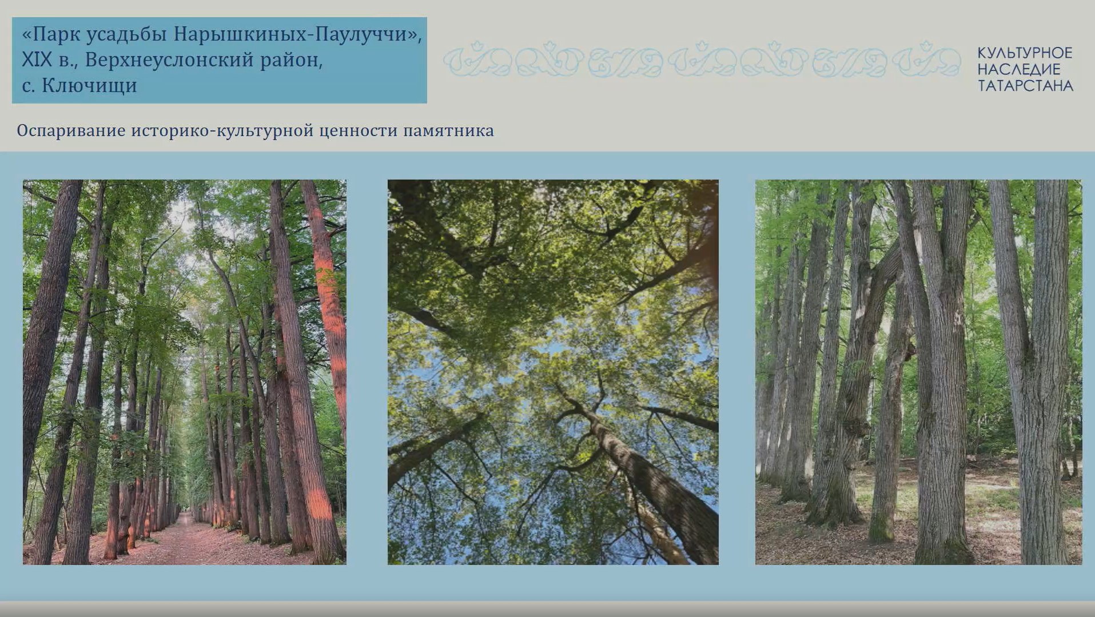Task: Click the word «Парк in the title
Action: click(50, 35)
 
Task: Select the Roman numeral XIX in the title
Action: click(37, 60)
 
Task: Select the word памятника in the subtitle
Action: click(448, 131)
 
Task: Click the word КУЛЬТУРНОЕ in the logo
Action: click(1025, 53)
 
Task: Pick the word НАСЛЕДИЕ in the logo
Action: click(1018, 70)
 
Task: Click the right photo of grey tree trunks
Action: click(918, 372)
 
